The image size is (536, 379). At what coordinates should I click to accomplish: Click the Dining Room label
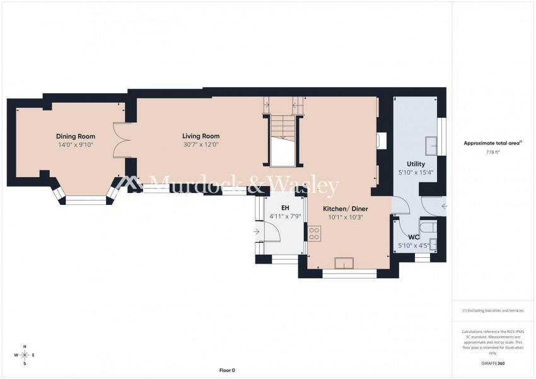tap(75, 136)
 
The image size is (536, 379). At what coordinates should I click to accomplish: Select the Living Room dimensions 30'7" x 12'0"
tap(201, 144)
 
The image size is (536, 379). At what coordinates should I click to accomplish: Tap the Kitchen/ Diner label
tap(346, 209)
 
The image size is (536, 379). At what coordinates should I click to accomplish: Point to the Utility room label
tap(407, 164)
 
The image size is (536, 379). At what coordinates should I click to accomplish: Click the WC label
tap(405, 237)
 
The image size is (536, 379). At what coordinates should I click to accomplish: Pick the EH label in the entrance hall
tap(285, 207)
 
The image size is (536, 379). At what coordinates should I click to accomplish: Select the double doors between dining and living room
tap(121, 140)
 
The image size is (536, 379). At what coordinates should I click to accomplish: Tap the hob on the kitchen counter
tap(315, 234)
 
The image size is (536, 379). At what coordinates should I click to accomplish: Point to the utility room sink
tap(432, 145)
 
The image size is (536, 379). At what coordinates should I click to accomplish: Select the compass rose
tap(25, 355)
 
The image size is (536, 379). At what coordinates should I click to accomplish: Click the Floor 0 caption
tap(226, 370)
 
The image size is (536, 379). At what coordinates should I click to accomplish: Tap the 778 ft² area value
tap(492, 153)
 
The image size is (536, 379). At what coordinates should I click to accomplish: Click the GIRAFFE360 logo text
tap(492, 364)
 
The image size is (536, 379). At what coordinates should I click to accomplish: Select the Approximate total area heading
tap(492, 143)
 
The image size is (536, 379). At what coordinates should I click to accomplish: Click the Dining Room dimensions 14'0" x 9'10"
tap(75, 144)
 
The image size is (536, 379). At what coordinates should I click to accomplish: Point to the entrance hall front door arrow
tap(257, 231)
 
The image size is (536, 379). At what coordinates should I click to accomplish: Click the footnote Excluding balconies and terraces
tap(492, 311)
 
